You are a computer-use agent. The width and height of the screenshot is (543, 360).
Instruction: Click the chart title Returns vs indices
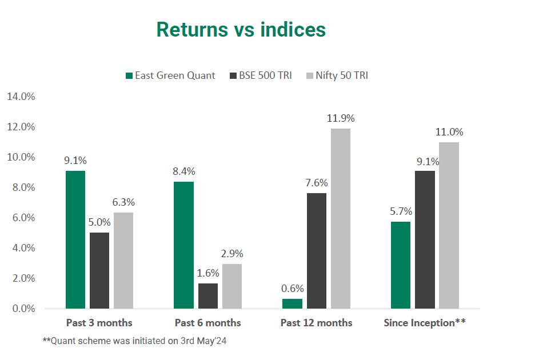pos(241,30)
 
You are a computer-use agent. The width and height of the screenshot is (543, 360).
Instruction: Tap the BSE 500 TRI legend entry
pos(260,75)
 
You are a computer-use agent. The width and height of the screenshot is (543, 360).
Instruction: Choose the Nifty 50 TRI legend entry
pos(337,75)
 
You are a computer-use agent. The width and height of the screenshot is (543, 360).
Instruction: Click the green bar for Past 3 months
pos(75,240)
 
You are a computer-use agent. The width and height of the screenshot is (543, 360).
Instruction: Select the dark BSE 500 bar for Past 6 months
pos(208,296)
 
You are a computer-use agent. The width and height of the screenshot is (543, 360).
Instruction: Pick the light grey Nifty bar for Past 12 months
pos(341,218)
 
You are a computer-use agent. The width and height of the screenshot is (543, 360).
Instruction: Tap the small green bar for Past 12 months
pos(293,303)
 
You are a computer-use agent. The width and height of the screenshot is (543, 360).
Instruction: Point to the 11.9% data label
pos(341,119)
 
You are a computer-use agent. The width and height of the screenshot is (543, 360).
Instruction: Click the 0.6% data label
pos(293,289)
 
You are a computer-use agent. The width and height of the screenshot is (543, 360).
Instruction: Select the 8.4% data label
pos(184,171)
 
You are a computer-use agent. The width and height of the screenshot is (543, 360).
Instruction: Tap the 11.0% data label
pos(449,132)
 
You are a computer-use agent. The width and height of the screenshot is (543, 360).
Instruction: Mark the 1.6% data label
pos(208,273)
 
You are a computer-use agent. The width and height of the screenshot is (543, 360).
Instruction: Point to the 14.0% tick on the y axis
pos(21,97)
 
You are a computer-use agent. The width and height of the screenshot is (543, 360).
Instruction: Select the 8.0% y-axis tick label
pos(21,187)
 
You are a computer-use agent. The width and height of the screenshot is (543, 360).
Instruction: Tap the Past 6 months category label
pos(207,323)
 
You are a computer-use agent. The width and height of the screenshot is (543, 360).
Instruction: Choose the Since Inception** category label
pos(424,323)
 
